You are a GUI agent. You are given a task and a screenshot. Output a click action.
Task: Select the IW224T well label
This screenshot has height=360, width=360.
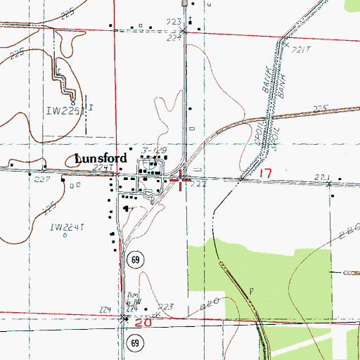[67, 227]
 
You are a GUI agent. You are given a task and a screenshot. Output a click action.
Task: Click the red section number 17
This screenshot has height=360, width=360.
[264, 173]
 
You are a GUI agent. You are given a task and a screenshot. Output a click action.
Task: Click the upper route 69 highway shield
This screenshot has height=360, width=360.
[134, 261]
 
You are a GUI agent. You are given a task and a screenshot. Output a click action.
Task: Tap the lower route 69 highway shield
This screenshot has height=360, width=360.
[134, 342]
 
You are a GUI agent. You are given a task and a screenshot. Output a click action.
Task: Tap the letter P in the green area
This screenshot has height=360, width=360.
[250, 290]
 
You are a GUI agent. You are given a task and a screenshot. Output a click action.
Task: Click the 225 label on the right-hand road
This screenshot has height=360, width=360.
[321, 108]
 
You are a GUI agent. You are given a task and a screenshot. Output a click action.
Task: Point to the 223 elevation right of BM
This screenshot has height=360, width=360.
[165, 307]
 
